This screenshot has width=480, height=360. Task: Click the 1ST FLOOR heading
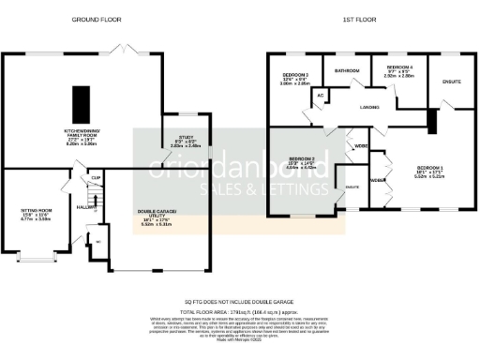(x=358, y=19)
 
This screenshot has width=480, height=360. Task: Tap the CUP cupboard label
(x=96, y=178)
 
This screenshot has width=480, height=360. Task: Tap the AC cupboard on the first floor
(x=320, y=96)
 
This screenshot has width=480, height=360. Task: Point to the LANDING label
(x=368, y=108)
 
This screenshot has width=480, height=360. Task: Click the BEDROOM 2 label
(x=302, y=160)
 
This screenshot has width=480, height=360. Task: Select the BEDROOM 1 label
(x=428, y=169)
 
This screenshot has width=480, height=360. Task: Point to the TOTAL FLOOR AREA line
(x=240, y=309)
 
